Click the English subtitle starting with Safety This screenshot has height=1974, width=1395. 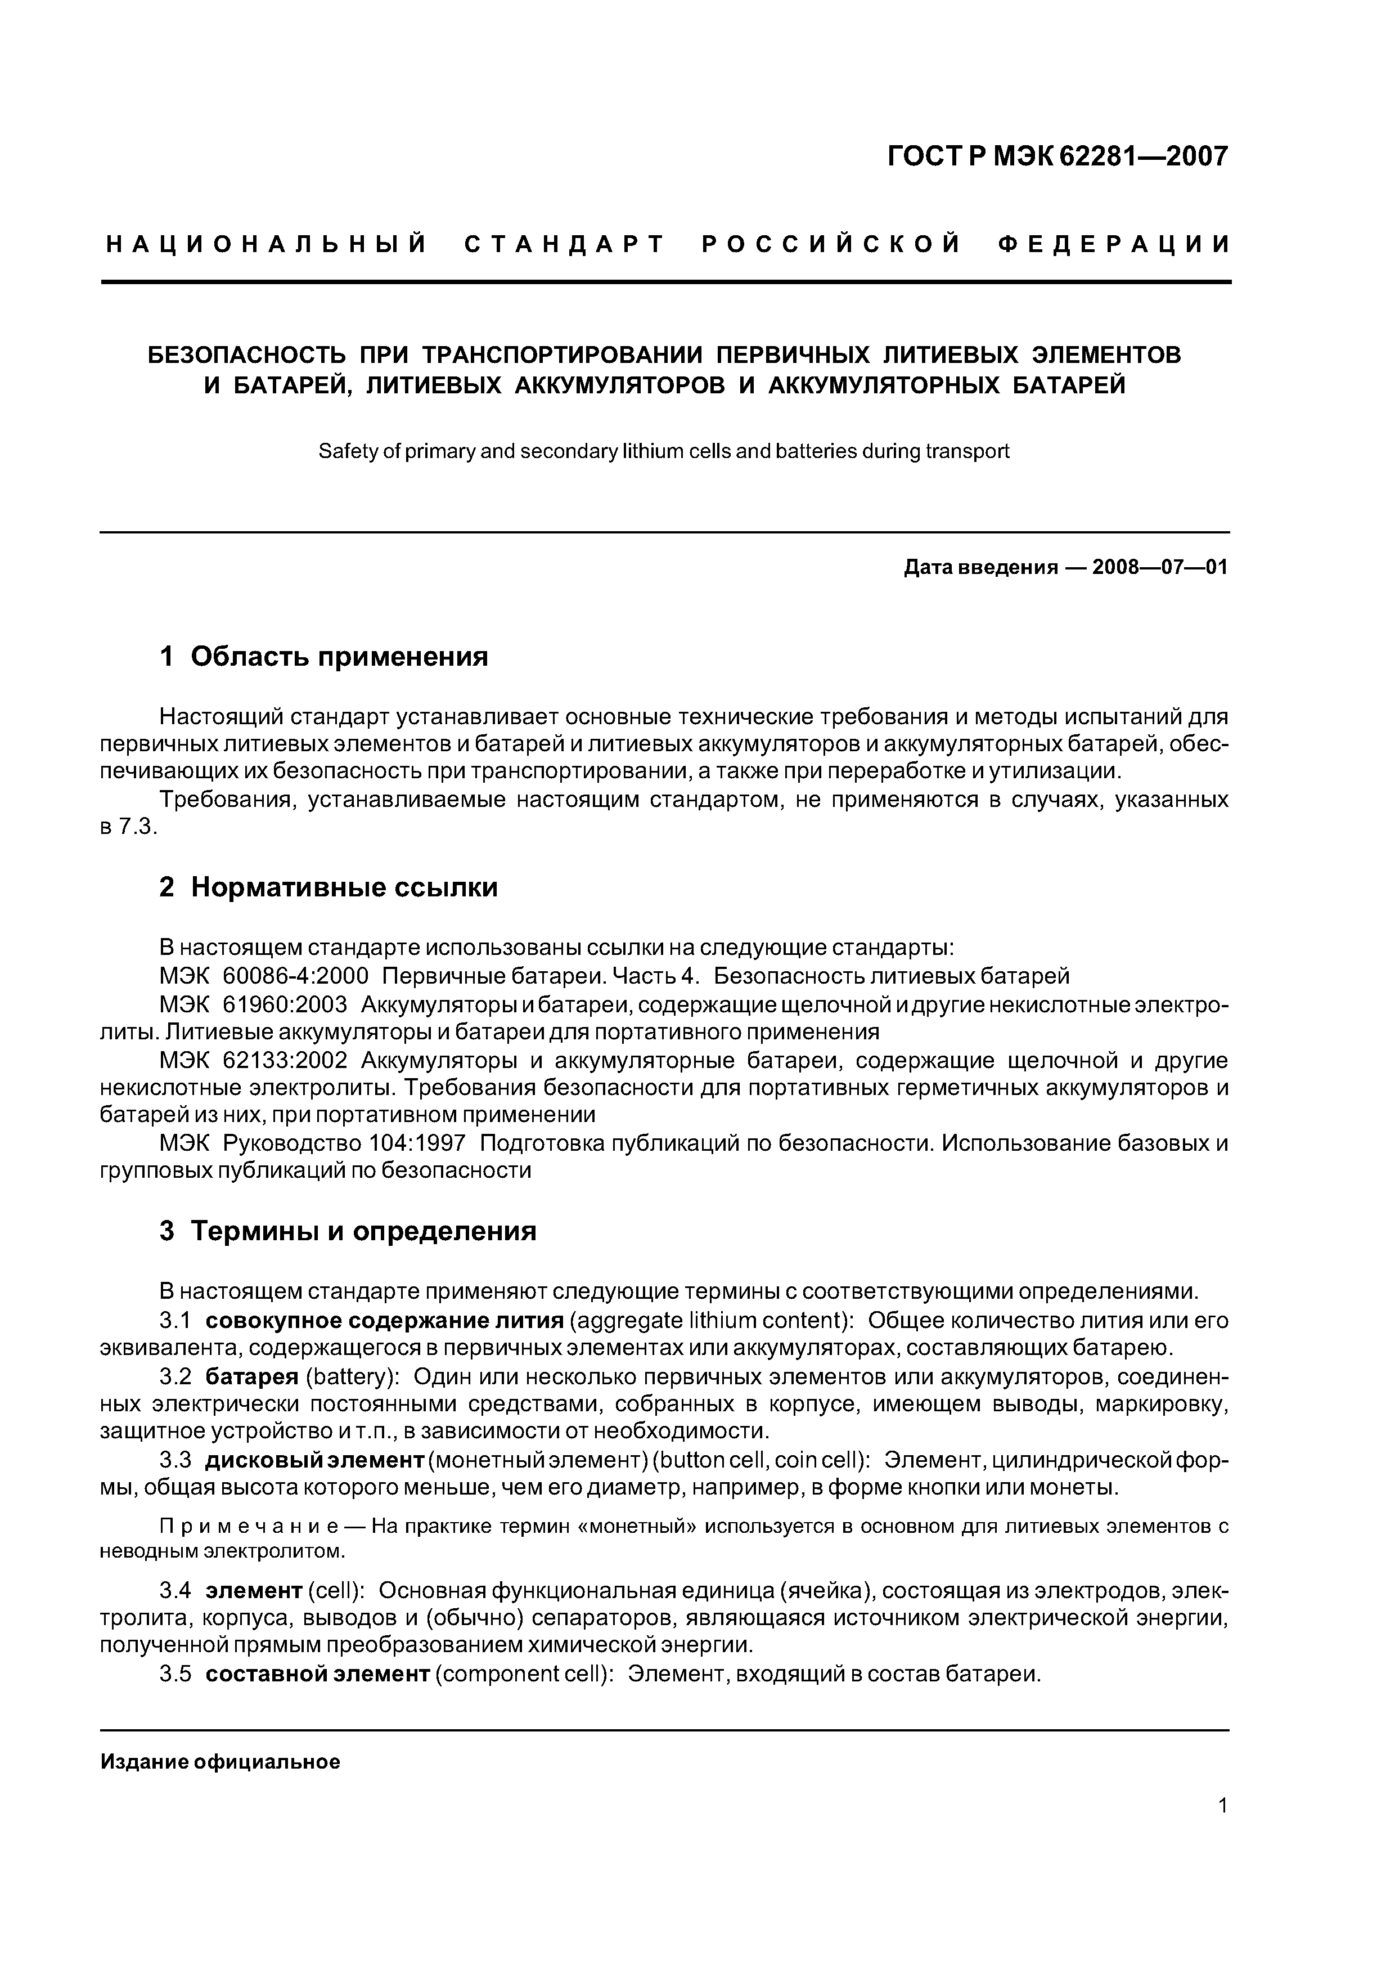coord(664,451)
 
